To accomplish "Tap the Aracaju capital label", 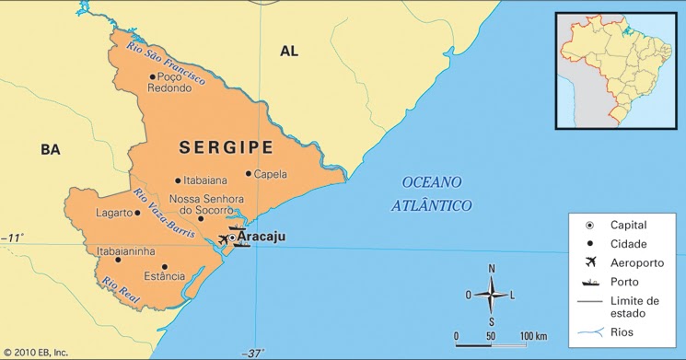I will tap(262, 238).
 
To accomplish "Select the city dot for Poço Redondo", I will tap(152, 76).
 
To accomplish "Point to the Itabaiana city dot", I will tap(178, 180).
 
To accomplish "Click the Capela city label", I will tap(271, 174).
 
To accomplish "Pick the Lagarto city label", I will tap(114, 213).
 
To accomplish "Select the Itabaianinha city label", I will tap(125, 250).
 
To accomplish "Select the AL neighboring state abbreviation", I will tap(289, 52).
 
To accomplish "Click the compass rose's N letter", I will tap(492, 268).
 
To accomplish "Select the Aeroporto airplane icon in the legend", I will tap(590, 262).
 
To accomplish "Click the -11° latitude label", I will tap(12, 238).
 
